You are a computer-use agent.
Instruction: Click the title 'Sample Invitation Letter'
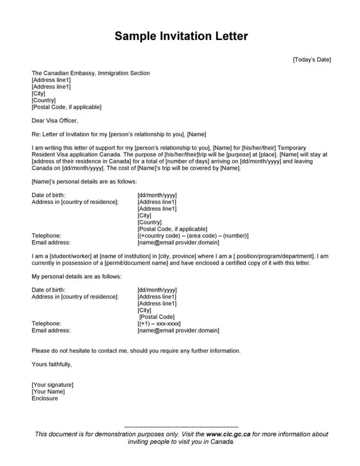tap(181, 36)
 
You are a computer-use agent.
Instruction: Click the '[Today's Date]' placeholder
tap(311, 60)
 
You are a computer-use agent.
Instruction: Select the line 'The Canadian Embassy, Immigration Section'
tap(91, 73)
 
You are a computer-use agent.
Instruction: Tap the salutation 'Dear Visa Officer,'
tap(55, 121)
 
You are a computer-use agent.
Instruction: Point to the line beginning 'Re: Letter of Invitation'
tap(119, 134)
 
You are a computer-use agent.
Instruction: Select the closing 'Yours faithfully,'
tap(52, 364)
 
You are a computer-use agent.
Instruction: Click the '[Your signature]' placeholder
tap(52, 385)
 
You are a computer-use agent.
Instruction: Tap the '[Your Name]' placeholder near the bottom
tap(48, 391)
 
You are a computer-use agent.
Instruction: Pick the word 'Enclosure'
tap(45, 398)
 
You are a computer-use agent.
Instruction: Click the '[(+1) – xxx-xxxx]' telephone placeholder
tap(159, 324)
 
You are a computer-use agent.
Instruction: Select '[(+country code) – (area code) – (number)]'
tap(193, 236)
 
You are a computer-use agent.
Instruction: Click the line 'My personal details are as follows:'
tap(76, 276)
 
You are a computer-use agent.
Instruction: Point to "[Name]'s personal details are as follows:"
tap(84, 182)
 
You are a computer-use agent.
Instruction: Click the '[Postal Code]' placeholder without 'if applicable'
tap(157, 317)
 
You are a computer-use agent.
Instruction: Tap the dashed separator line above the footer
tap(181, 427)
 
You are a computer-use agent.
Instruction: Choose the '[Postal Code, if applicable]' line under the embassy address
tap(66, 107)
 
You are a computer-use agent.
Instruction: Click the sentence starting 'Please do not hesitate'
tap(136, 351)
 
